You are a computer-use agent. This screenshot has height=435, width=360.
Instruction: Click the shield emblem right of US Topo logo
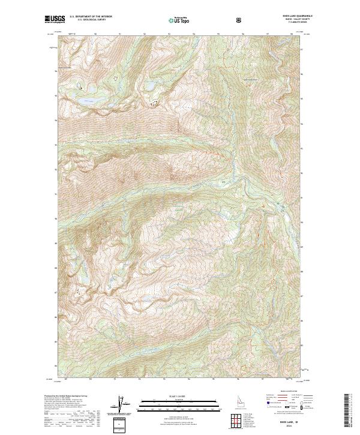click(240, 20)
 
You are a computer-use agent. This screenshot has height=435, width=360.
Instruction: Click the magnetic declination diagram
click(121, 406)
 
